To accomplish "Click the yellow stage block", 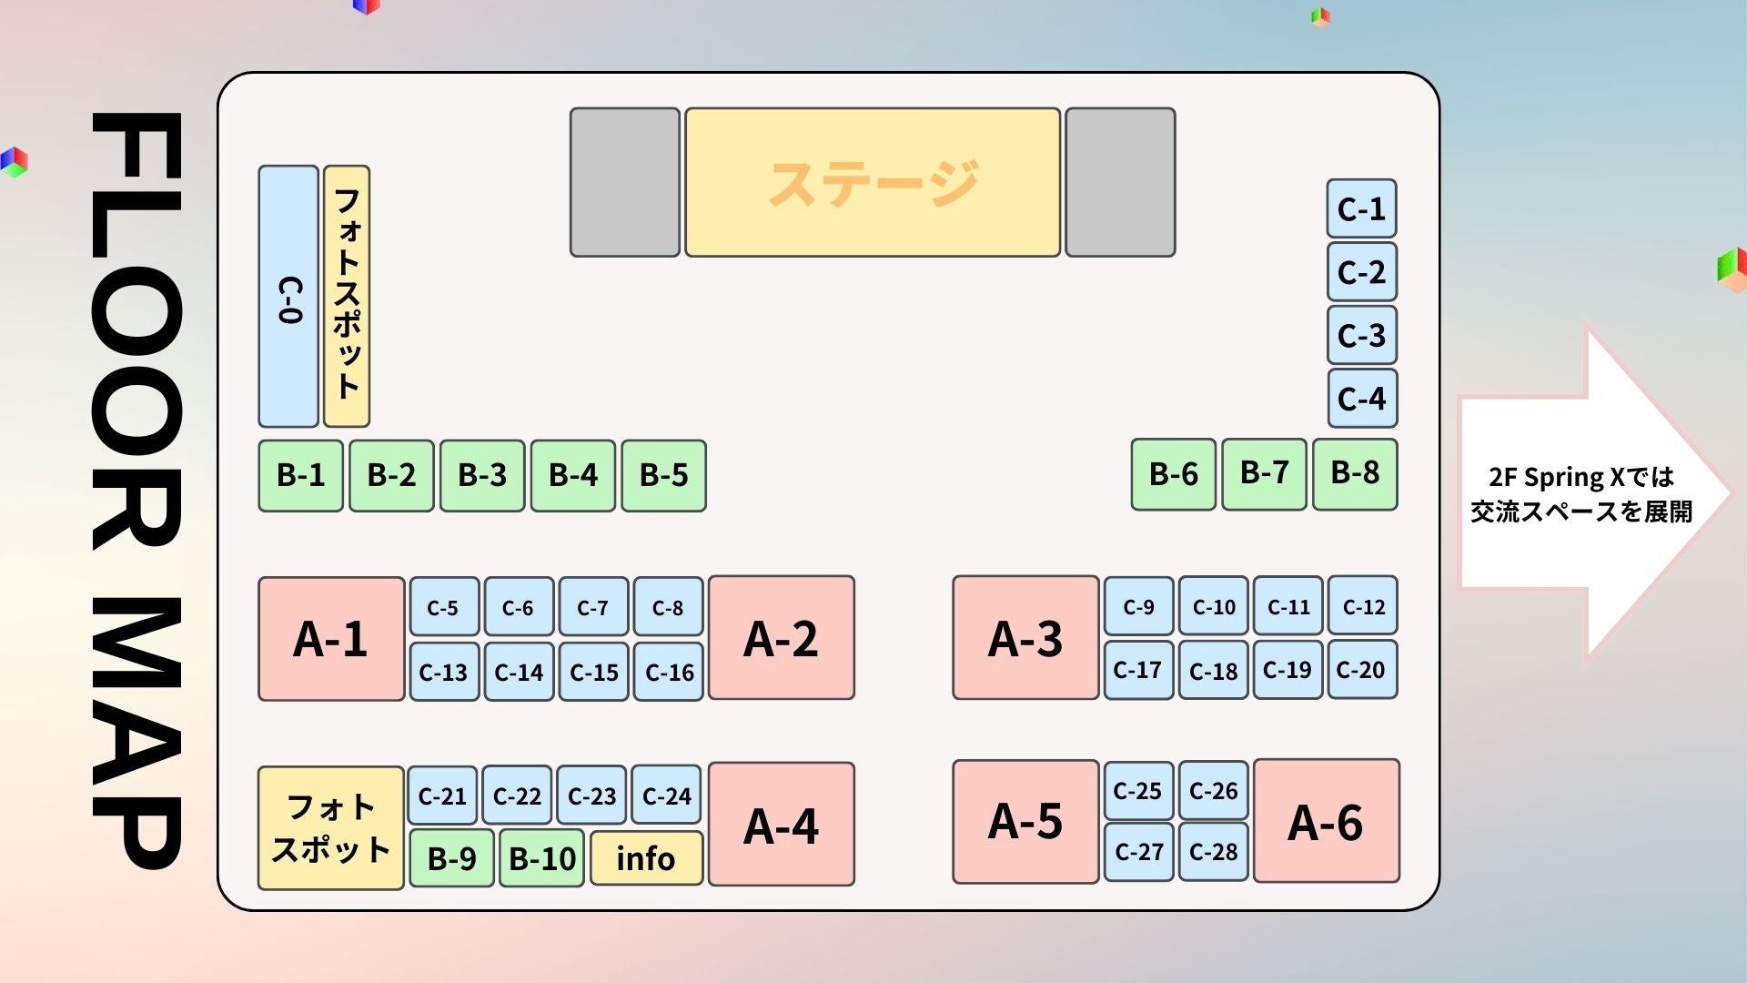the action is pos(872,182).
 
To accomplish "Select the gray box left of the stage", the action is pos(624,182).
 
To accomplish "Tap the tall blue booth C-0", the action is pos(288,297).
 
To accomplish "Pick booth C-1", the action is pos(1361,209).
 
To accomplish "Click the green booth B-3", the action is pos(482,475).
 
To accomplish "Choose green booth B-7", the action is pos(1264,473).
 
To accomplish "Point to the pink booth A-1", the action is pos(331,639).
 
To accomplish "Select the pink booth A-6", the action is pos(1326,822).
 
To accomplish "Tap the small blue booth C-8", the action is pos(668,607).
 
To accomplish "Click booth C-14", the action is pos(519,672).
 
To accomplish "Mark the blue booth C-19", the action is pos(1288,670).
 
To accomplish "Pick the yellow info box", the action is pos(646,858).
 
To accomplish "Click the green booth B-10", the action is pos(542,858).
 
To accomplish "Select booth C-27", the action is pos(1138,852).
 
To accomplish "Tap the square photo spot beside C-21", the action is pos(331,828).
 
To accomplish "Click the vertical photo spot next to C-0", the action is pos(347,297).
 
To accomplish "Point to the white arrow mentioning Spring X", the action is pos(1583,494).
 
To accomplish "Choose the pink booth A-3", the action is pos(1025,638).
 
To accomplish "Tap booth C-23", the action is pos(592,796).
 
